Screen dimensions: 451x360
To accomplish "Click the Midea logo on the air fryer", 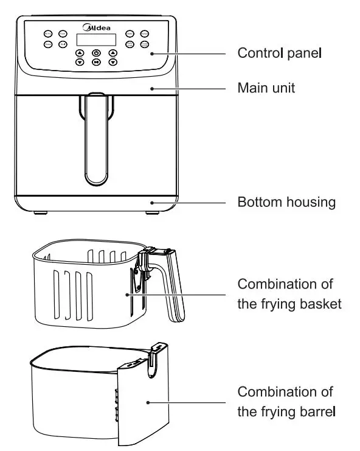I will [96, 27].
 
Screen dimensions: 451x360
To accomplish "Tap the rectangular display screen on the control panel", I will [96, 40].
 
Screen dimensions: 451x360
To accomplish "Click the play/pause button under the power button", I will [96, 62].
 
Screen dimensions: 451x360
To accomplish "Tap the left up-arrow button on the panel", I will [80, 54].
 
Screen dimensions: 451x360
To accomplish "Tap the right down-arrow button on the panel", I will [112, 62].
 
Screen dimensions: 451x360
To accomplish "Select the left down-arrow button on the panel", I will [80, 62].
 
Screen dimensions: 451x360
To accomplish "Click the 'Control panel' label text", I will [279, 53].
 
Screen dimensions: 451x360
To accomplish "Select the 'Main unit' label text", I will [266, 88].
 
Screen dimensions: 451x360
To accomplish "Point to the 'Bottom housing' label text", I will [286, 202].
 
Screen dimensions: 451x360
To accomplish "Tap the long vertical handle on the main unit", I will [96, 140].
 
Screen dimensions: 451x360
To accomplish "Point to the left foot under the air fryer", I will [41, 213].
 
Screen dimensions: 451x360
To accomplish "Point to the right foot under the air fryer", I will [151, 213].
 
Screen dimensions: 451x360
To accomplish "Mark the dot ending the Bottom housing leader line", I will [151, 202].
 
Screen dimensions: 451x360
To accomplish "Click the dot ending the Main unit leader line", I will [151, 88].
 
